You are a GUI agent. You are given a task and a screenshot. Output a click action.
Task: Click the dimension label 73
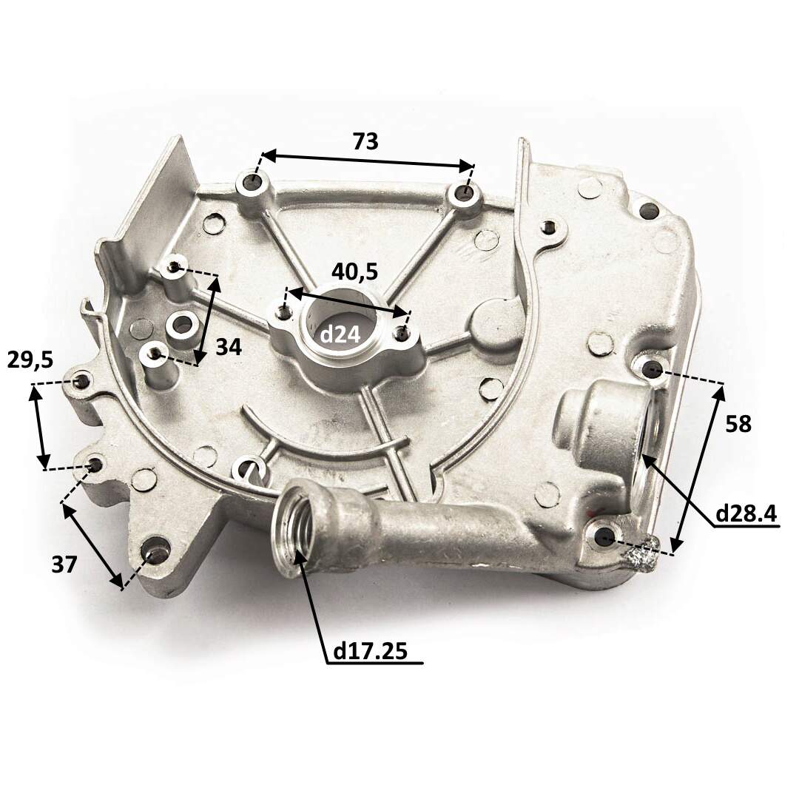pyautogui.click(x=366, y=141)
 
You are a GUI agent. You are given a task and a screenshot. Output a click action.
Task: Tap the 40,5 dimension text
pyautogui.click(x=354, y=272)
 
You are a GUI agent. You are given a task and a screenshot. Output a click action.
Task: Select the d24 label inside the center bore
pyautogui.click(x=340, y=335)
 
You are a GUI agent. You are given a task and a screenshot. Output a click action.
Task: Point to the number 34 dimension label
pyautogui.click(x=229, y=348)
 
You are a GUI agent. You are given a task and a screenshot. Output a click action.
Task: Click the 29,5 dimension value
pyautogui.click(x=30, y=360)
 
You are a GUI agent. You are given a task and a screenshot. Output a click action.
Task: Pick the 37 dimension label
pyautogui.click(x=64, y=564)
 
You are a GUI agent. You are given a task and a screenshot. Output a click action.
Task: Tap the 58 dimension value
pyautogui.click(x=738, y=423)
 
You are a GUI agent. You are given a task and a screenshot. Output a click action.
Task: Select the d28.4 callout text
pyautogui.click(x=746, y=514)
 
